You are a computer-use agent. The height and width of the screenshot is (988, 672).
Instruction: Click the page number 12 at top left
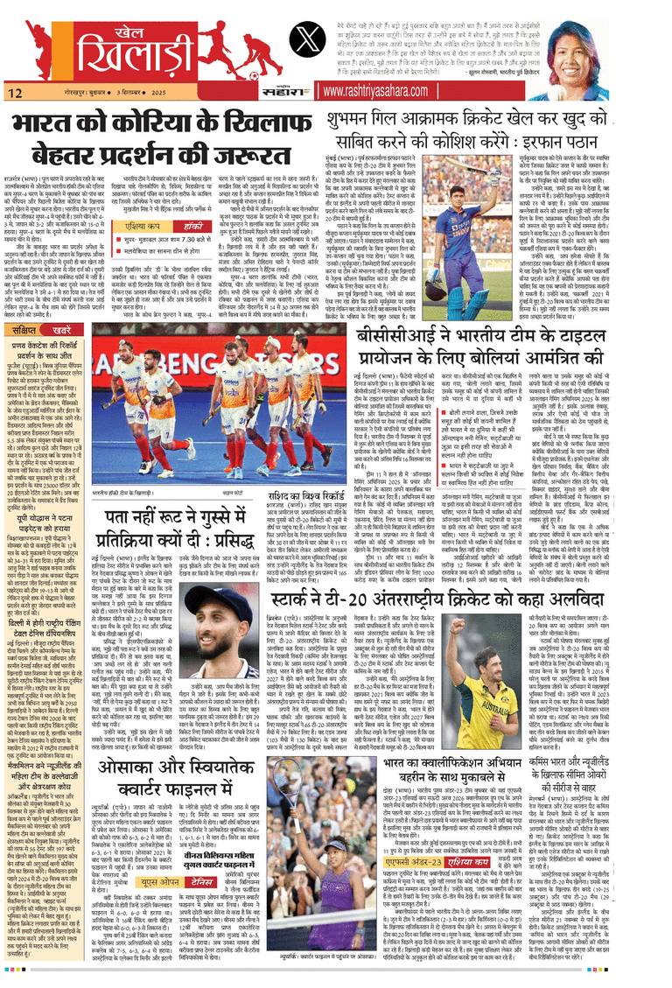[x=15, y=92]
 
